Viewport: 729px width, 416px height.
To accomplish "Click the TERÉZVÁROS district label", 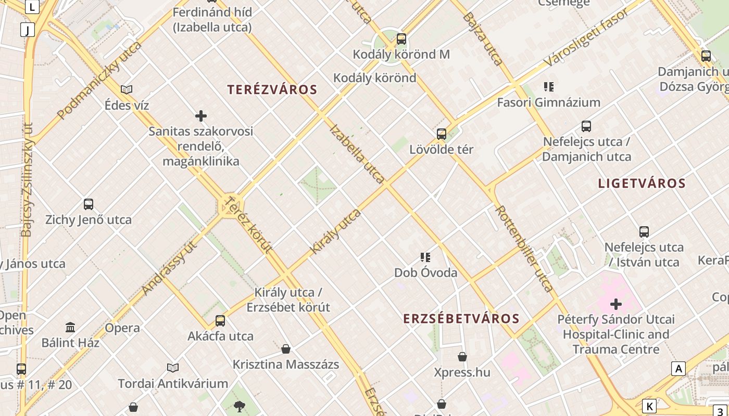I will coord(272,89).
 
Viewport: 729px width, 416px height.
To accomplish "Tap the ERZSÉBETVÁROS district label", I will coord(461,319).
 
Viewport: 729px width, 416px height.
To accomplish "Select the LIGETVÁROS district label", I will coord(642,183).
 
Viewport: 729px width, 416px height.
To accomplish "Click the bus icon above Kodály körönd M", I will coord(401,39).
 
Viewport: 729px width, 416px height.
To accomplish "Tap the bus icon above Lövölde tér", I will coord(442,134).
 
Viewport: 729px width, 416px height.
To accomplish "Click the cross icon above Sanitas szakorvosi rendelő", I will coord(201,116).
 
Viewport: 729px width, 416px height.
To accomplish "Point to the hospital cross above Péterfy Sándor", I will coord(616,304).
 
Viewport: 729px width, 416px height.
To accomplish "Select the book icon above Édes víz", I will coord(127,89).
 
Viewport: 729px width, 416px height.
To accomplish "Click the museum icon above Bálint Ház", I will coord(70,328).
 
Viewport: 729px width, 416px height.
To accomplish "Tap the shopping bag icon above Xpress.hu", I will coord(462,357).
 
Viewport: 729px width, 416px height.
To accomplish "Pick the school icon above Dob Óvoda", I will coord(425,257).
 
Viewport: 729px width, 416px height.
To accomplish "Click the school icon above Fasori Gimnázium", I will coord(548,87).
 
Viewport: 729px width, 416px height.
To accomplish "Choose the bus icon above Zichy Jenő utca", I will coord(89,204).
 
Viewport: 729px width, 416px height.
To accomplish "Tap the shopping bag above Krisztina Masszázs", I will coord(286,349).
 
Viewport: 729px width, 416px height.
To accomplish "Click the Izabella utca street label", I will coord(357,154).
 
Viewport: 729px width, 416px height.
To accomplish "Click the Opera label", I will coord(122,328).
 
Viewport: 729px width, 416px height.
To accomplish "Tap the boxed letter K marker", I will coord(649,406).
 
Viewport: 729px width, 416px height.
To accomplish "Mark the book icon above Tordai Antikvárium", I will coord(173,368).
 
